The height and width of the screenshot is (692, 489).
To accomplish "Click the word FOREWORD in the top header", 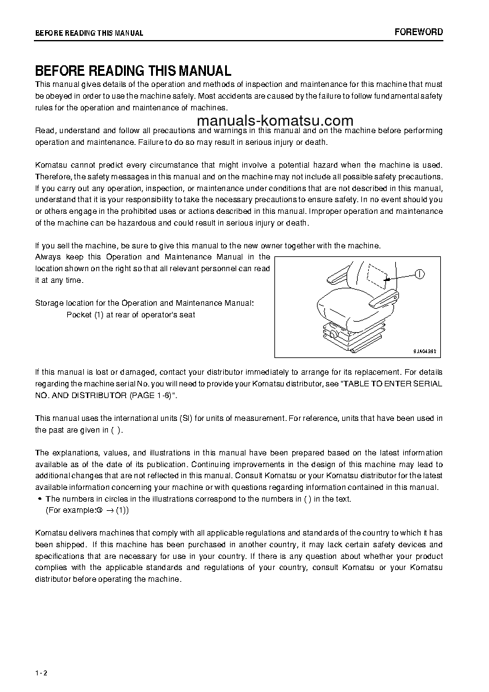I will tap(418, 32).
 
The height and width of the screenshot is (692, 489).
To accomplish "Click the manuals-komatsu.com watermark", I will tap(276, 121).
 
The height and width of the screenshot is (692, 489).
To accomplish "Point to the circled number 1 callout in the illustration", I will tap(420, 275).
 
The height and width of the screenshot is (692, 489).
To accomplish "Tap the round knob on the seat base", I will tap(334, 333).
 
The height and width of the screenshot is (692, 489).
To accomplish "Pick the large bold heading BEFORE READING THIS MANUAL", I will tap(133, 71).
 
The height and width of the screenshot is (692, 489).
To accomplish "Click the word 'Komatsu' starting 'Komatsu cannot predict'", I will tap(52, 165).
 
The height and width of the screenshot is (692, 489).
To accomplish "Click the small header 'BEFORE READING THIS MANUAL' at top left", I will tap(89, 33).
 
